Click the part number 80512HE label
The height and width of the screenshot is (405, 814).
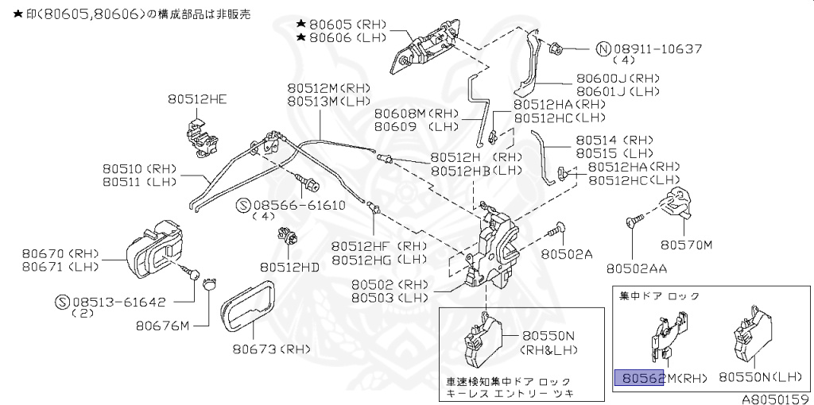(x=197, y=99)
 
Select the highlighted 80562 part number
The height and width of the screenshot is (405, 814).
(x=640, y=378)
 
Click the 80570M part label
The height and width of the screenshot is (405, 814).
(x=687, y=245)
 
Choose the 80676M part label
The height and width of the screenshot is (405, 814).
(x=162, y=325)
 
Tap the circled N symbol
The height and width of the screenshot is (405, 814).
(x=604, y=48)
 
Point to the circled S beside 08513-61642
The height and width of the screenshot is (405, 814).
(x=64, y=302)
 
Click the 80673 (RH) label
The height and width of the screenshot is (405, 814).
(x=270, y=348)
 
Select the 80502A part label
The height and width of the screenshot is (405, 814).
(x=568, y=254)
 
